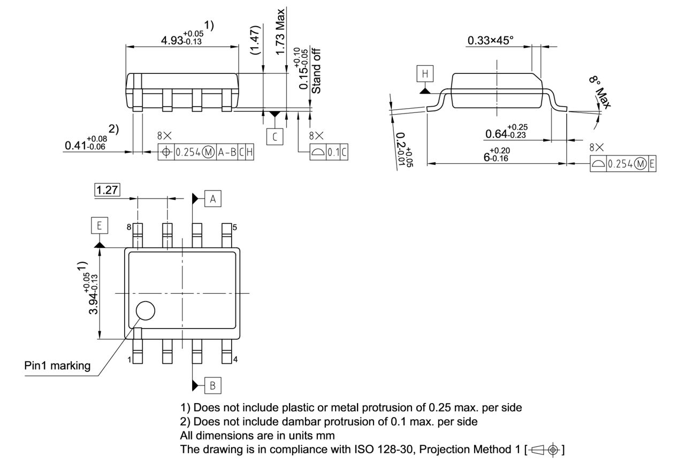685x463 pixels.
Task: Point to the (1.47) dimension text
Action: coord(256,40)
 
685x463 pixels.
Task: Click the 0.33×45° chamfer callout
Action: coord(490,40)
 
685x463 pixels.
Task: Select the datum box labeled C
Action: coord(275,136)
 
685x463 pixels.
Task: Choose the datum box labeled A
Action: coord(213,199)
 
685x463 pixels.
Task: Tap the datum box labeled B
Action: coord(213,385)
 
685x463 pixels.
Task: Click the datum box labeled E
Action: coord(99,226)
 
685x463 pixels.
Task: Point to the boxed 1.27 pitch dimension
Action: coord(107,189)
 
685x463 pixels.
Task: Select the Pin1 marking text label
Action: coord(57,366)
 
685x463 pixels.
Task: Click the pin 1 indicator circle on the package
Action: coord(144,310)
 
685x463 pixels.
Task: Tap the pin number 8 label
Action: coord(129,227)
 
